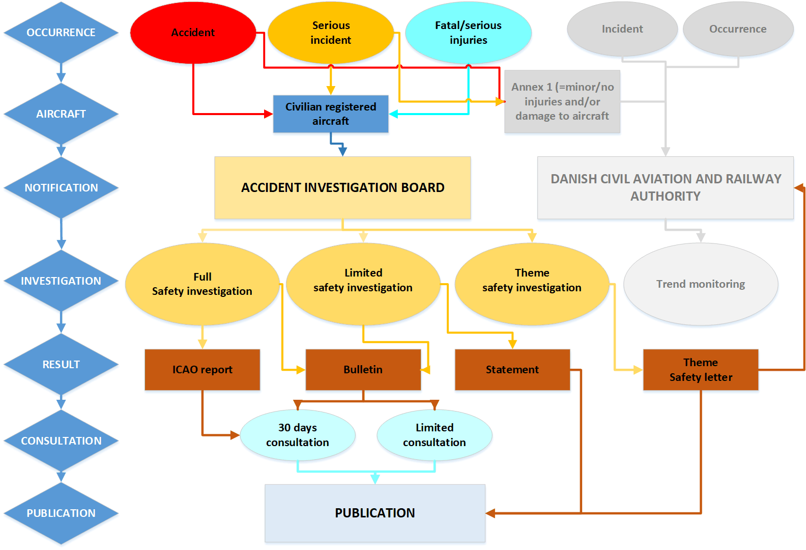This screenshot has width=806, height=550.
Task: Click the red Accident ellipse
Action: coord(193,33)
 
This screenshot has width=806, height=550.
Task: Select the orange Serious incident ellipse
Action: coord(331,33)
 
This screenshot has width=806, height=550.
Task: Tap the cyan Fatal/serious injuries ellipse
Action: coord(468,33)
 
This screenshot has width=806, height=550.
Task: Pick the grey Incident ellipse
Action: coord(622,29)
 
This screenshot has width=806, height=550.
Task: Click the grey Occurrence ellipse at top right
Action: coord(738,29)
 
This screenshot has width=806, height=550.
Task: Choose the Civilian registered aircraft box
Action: coord(331,114)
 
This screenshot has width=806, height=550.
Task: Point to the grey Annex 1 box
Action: coord(562,102)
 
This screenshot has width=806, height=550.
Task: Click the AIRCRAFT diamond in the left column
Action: coord(61,114)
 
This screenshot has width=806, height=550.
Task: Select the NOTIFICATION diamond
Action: coord(61,188)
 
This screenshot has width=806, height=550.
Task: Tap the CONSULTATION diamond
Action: coord(61,441)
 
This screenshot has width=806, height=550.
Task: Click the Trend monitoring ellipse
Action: coord(701,284)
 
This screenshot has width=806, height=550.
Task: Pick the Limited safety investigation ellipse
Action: coord(363,281)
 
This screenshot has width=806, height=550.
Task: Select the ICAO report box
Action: coord(203,370)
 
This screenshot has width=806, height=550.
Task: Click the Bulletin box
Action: coord(363,370)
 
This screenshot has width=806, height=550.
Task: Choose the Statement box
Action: coord(512,370)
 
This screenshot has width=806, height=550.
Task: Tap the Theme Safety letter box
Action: coord(701,370)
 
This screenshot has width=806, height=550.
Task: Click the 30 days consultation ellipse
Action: coord(298,435)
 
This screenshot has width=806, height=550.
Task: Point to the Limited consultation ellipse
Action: coord(434,435)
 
